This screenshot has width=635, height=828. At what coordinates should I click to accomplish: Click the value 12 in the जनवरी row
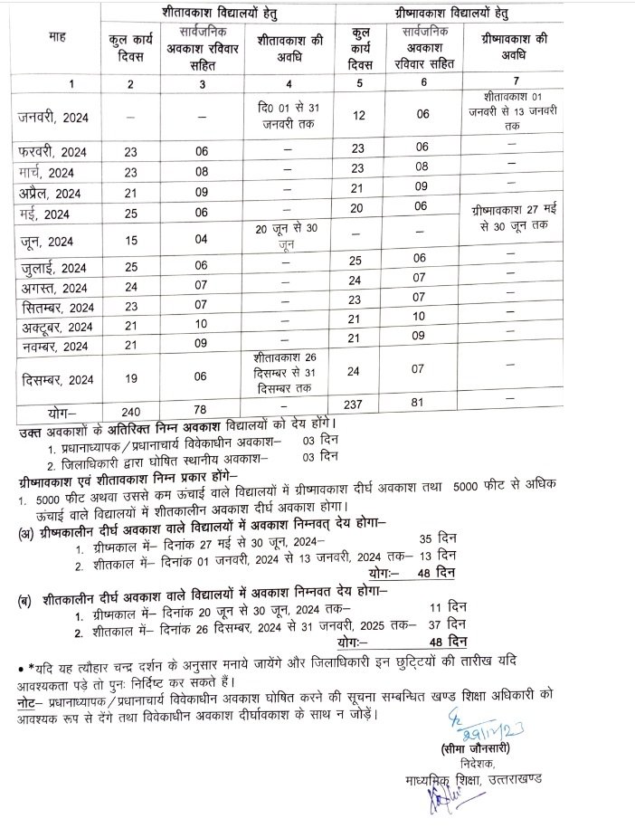(358, 117)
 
